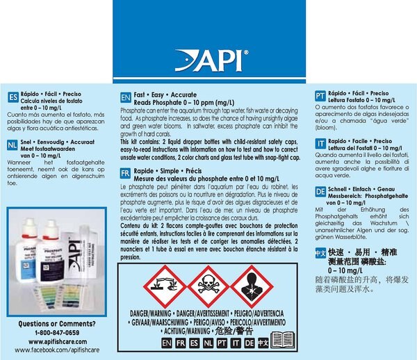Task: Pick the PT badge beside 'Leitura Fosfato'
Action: tap(320, 97)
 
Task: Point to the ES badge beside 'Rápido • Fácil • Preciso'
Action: tap(12, 97)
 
